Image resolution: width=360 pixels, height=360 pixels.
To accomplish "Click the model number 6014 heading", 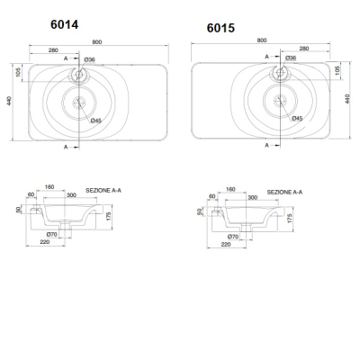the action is (x=65, y=24).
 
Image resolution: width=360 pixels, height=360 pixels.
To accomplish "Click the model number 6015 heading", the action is (x=220, y=28).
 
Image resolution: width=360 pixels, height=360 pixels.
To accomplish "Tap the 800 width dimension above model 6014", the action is (x=97, y=42).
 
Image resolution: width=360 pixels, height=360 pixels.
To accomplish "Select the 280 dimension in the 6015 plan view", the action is (x=304, y=49).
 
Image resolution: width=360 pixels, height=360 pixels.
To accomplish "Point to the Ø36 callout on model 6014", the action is (x=89, y=59).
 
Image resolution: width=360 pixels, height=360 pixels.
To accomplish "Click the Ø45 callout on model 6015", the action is (x=297, y=119).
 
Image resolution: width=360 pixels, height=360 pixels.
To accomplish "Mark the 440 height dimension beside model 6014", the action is (x=9, y=101).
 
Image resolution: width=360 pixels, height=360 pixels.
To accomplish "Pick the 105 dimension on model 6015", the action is (x=337, y=70).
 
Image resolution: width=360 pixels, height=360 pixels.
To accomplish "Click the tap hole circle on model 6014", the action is (x=79, y=74).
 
